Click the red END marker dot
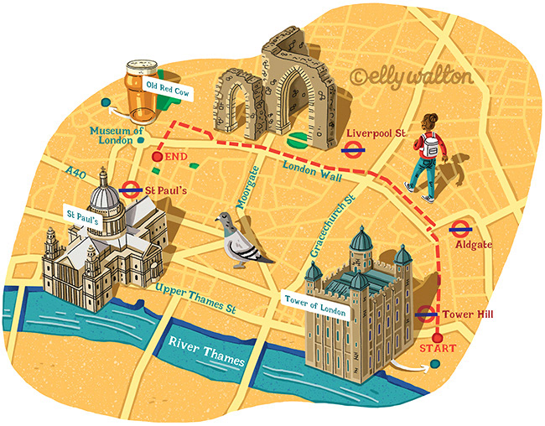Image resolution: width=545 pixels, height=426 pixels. [157, 156]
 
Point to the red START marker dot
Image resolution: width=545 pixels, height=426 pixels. [436, 337]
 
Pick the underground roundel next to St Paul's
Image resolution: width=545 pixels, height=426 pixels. [130, 190]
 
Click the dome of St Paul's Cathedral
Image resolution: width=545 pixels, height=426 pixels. [105, 195]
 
